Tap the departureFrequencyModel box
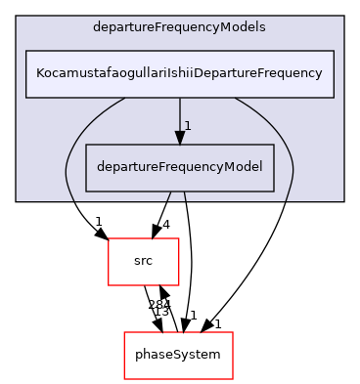[x=178, y=167]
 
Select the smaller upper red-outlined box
[x=143, y=261]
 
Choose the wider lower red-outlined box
[x=178, y=356]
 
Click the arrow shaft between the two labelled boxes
[x=179, y=115]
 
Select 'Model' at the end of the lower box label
[x=242, y=167]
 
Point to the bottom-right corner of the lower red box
[x=232, y=378]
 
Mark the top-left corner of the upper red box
[x=108, y=238]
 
